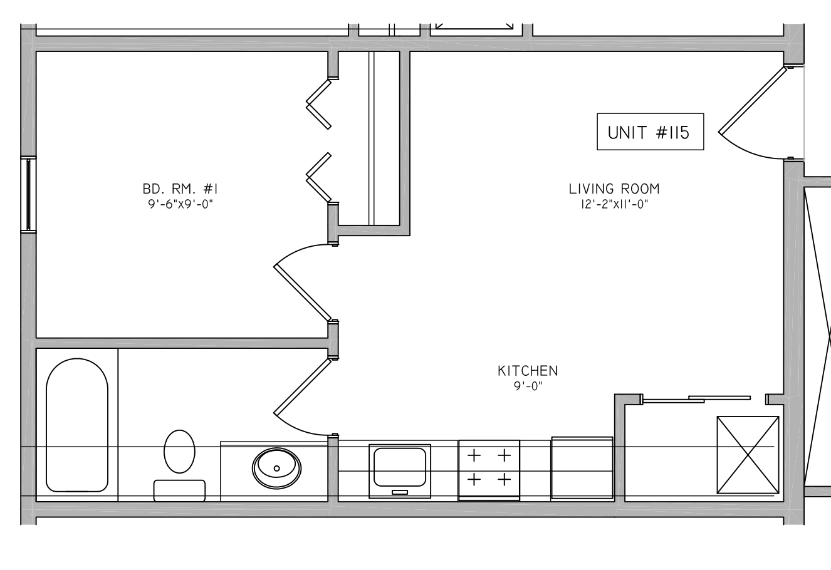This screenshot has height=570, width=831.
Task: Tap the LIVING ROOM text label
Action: point(614,189)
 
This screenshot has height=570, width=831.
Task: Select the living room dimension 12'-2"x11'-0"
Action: point(614,204)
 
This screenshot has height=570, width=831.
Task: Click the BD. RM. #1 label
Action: point(180,189)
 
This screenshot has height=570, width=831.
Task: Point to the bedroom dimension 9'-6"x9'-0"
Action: point(180,204)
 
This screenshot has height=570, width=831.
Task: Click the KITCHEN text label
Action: point(528,371)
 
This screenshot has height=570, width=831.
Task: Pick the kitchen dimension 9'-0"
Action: point(528,386)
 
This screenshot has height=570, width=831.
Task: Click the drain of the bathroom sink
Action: point(276,469)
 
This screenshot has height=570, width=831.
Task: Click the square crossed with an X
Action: point(748,455)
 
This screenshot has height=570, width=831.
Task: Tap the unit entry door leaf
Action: point(753,100)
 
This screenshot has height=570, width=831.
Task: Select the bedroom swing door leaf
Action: point(302,293)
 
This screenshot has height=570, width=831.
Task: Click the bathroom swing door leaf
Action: point(302,386)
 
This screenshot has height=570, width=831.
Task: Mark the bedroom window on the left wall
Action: point(28,195)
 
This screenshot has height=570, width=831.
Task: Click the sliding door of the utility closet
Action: point(696,399)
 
